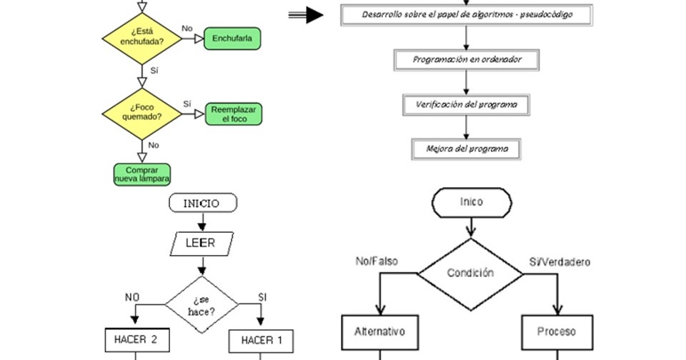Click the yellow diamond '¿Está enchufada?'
click(141, 38)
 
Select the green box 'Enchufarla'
click(232, 38)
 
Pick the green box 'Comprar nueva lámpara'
click(141, 174)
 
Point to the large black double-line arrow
click(306, 15)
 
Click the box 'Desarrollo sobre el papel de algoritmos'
click(467, 15)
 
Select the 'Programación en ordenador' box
click(467, 60)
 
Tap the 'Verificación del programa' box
click(467, 105)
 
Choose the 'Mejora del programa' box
click(467, 149)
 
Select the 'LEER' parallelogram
click(201, 243)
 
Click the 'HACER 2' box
click(136, 340)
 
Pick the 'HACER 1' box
click(261, 341)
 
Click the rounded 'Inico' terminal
click(471, 202)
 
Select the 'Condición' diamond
click(469, 274)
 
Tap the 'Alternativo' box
click(379, 332)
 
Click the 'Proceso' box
click(556, 332)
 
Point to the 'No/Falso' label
click(377, 262)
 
